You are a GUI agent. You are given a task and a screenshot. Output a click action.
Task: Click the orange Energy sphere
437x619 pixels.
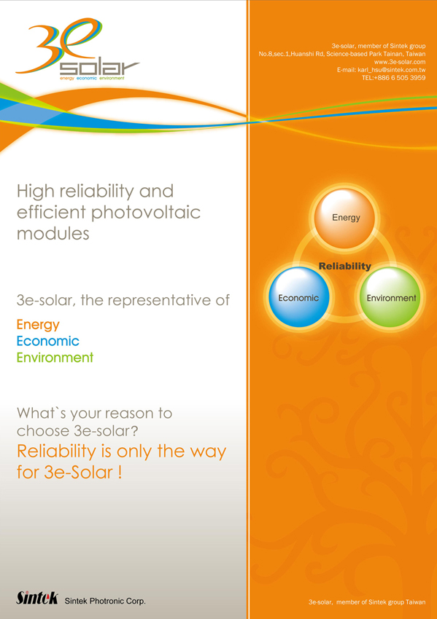[344, 218]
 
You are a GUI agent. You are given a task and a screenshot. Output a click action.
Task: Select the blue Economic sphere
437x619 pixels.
[298, 297]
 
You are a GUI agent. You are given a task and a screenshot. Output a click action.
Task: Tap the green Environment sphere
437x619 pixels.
[391, 297]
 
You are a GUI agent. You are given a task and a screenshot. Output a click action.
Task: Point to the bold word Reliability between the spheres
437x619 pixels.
[345, 266]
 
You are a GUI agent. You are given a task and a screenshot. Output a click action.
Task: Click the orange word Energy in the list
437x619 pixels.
[38, 325]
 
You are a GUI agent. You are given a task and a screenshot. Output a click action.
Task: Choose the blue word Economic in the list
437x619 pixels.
[48, 341]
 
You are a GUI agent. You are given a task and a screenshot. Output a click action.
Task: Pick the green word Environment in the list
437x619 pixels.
[55, 358]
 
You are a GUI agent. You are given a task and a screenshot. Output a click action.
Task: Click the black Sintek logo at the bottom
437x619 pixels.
[37, 598]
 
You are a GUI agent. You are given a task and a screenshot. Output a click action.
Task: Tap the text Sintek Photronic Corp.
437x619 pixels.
[105, 602]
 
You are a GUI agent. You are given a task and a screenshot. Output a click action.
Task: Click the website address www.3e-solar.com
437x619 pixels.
[400, 62]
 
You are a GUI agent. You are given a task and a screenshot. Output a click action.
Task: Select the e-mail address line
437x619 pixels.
[382, 70]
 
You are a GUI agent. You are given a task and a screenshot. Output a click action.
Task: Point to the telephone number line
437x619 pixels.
[394, 78]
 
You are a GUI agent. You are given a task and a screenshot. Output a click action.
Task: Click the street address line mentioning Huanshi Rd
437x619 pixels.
[342, 54]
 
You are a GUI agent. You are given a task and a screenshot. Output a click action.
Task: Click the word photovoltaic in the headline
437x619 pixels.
[146, 213]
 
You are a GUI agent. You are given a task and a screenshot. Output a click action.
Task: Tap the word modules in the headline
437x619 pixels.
[53, 234]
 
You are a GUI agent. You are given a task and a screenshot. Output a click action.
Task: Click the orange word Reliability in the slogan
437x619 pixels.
[57, 452]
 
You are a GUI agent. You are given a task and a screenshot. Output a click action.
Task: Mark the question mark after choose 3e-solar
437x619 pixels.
[134, 430]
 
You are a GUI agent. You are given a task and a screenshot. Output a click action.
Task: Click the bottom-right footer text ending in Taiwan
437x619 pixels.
[367, 602]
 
